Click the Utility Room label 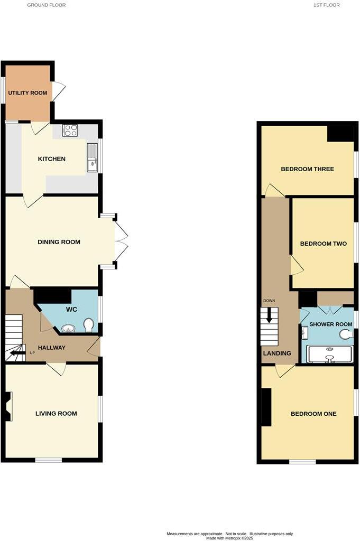pyautogui.click(x=27, y=93)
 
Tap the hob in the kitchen pyautogui.click(x=70, y=130)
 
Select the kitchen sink pyautogui.click(x=93, y=158)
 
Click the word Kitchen pyautogui.click(x=51, y=159)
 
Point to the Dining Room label pyautogui.click(x=59, y=242)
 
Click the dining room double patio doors pyautogui.click(x=121, y=242)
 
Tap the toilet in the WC pyautogui.click(x=89, y=324)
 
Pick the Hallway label pyautogui.click(x=52, y=348)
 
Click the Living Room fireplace pyautogui.click(x=7, y=406)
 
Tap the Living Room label pyautogui.click(x=56, y=414)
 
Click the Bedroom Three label pyautogui.click(x=307, y=170)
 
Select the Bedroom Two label pyautogui.click(x=323, y=244)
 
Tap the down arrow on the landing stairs pyautogui.click(x=269, y=318)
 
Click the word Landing pyautogui.click(x=277, y=353)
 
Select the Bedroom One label pyautogui.click(x=313, y=414)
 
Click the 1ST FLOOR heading pyautogui.click(x=327, y=5)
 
